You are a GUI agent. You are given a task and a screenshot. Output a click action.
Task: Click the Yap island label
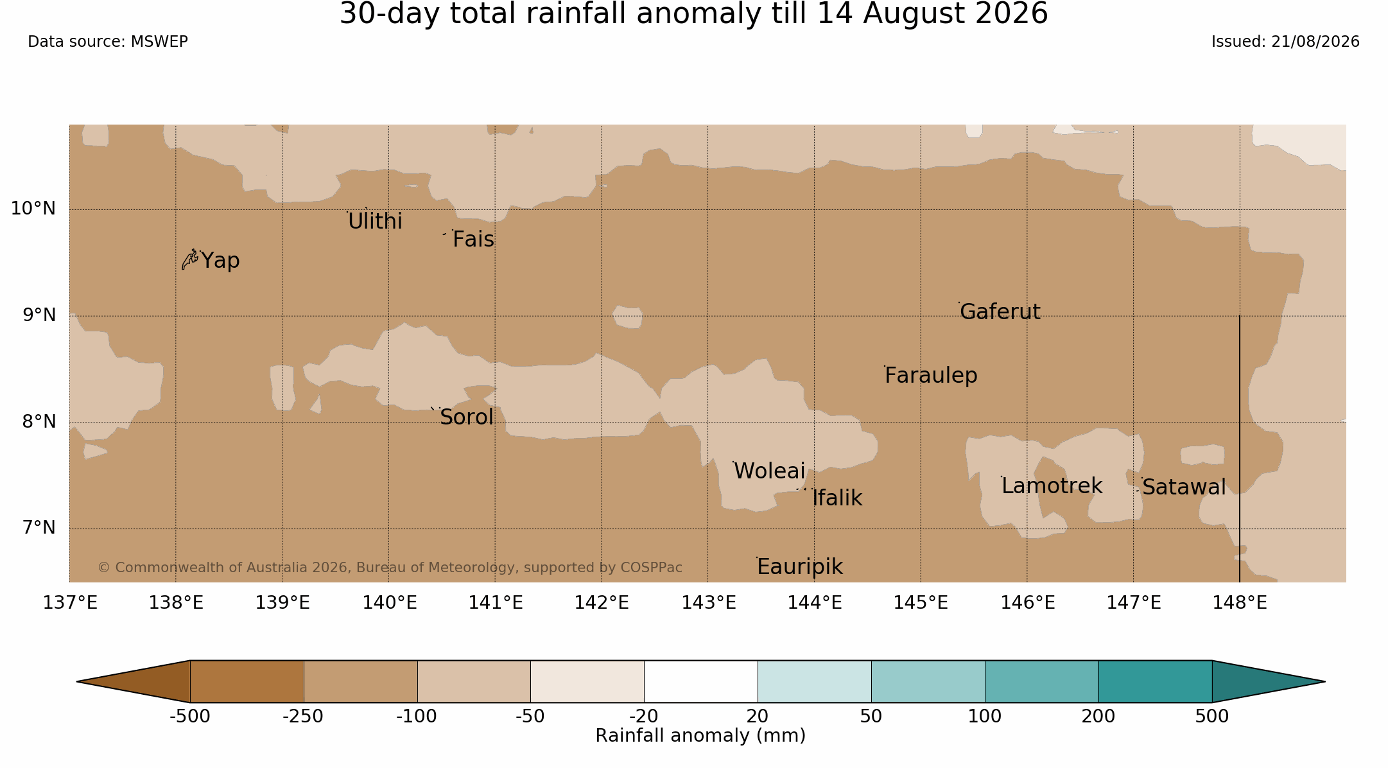[x=220, y=261]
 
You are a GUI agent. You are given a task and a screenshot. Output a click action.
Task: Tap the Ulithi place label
[x=375, y=221]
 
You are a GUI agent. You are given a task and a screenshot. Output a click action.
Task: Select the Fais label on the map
[x=473, y=240]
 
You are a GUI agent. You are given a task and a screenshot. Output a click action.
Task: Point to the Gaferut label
[x=1000, y=311]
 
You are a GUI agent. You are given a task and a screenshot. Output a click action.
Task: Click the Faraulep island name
[x=931, y=376]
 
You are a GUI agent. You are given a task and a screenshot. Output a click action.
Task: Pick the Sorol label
[x=467, y=417]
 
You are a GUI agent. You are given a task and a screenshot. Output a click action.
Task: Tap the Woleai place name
[x=769, y=471]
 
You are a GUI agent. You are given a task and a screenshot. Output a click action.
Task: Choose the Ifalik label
[x=837, y=498]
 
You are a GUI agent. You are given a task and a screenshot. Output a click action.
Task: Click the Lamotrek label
[x=1052, y=486]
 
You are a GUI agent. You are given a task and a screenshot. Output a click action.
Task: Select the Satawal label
[x=1184, y=487]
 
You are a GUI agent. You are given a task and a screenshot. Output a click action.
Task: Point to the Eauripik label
[x=799, y=567]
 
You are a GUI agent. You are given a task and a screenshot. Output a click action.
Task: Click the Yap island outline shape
[x=189, y=259]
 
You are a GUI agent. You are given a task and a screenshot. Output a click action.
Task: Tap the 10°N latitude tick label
[x=33, y=209]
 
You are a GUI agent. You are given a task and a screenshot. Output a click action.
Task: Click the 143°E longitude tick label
[x=708, y=603]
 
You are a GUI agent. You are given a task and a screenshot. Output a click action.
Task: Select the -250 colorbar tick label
[x=303, y=716]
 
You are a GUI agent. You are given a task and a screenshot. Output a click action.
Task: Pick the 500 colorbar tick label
[x=1212, y=716]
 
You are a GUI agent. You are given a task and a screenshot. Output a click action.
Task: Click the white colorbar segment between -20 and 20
[x=701, y=681]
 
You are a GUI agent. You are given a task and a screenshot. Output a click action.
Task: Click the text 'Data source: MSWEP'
[x=108, y=42]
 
